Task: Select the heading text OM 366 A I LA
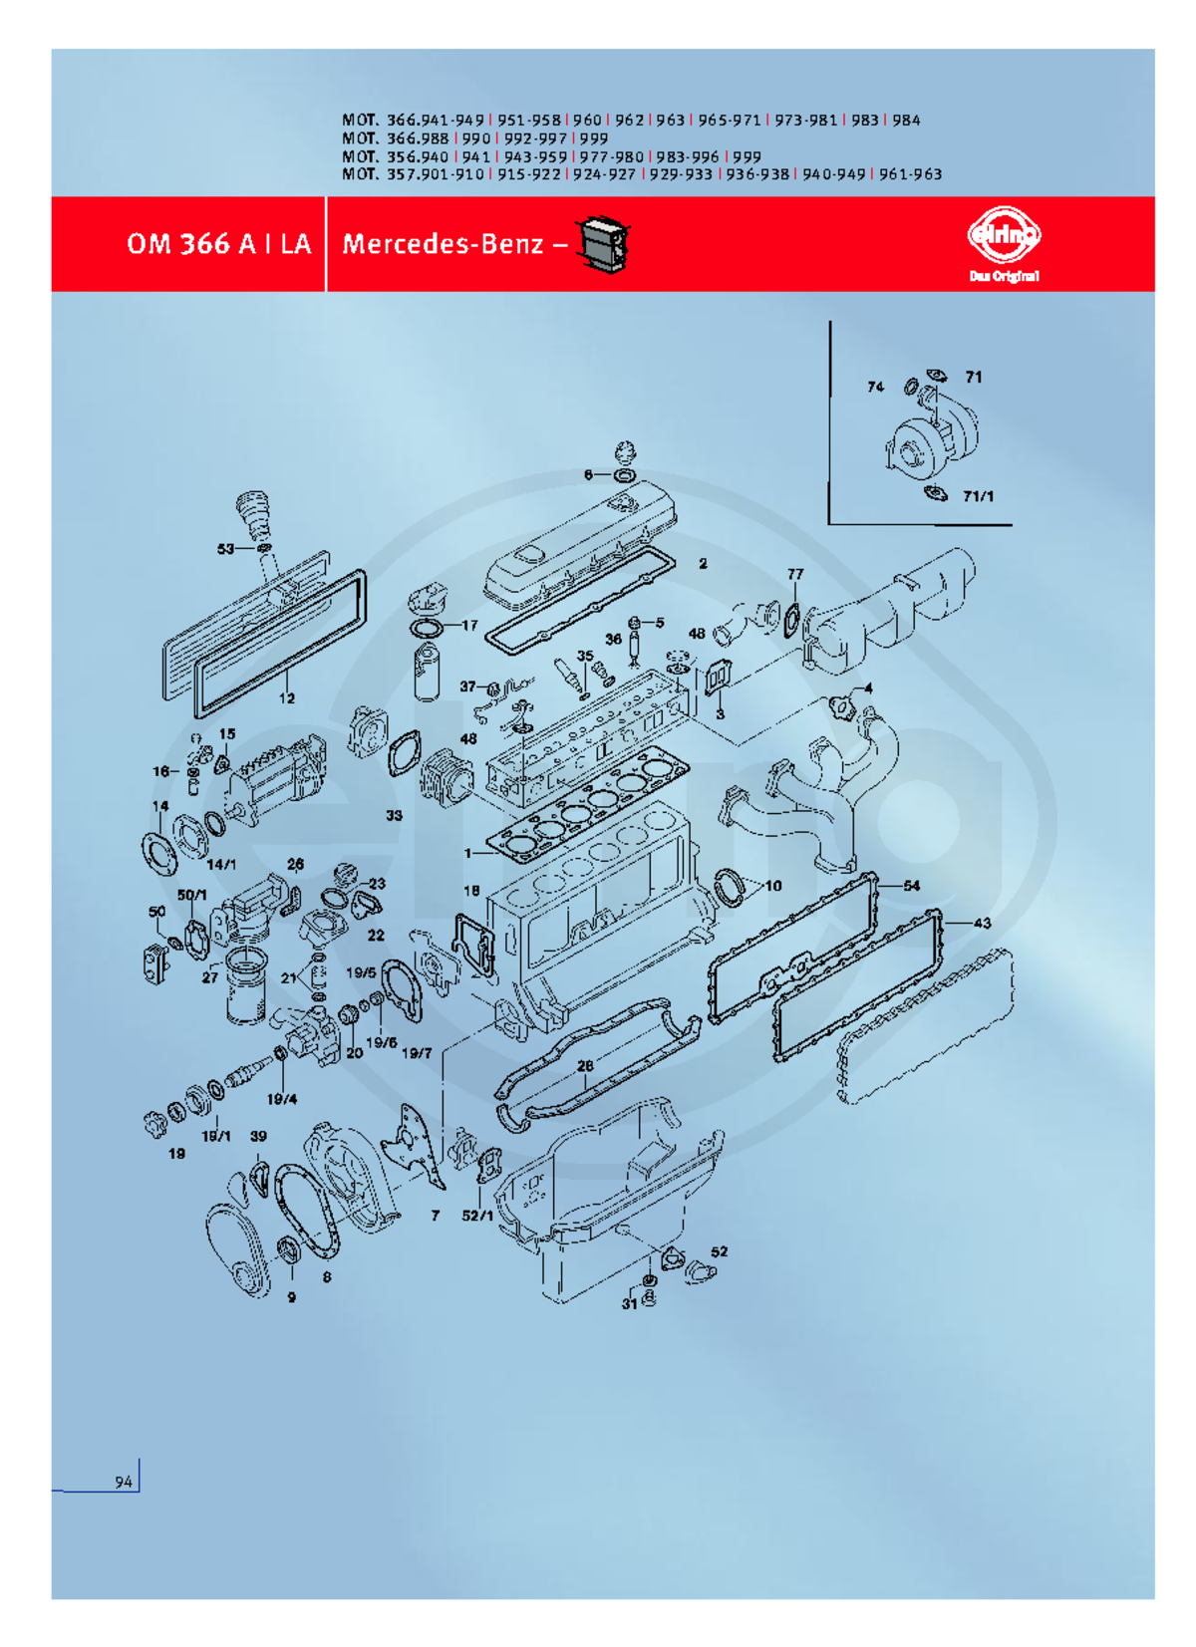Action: click(218, 244)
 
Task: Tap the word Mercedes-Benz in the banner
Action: click(443, 244)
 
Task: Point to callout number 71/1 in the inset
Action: click(978, 497)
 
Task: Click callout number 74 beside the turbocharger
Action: click(875, 387)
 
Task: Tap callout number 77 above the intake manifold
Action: click(795, 574)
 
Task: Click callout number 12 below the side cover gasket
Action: click(286, 698)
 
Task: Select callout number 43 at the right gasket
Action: click(982, 923)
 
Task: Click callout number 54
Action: click(911, 886)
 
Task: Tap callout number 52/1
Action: click(476, 1217)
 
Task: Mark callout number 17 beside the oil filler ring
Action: click(469, 626)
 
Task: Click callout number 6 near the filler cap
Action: click(588, 475)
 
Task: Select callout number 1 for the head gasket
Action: click(467, 854)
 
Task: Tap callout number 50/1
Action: click(192, 896)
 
